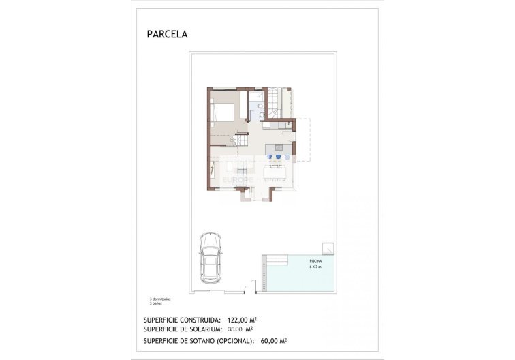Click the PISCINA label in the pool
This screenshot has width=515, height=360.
coord(315,261)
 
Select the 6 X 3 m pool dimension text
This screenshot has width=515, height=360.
coord(315,267)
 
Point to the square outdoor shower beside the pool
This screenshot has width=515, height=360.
coord(328,247)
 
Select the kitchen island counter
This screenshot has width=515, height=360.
coord(278,148)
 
